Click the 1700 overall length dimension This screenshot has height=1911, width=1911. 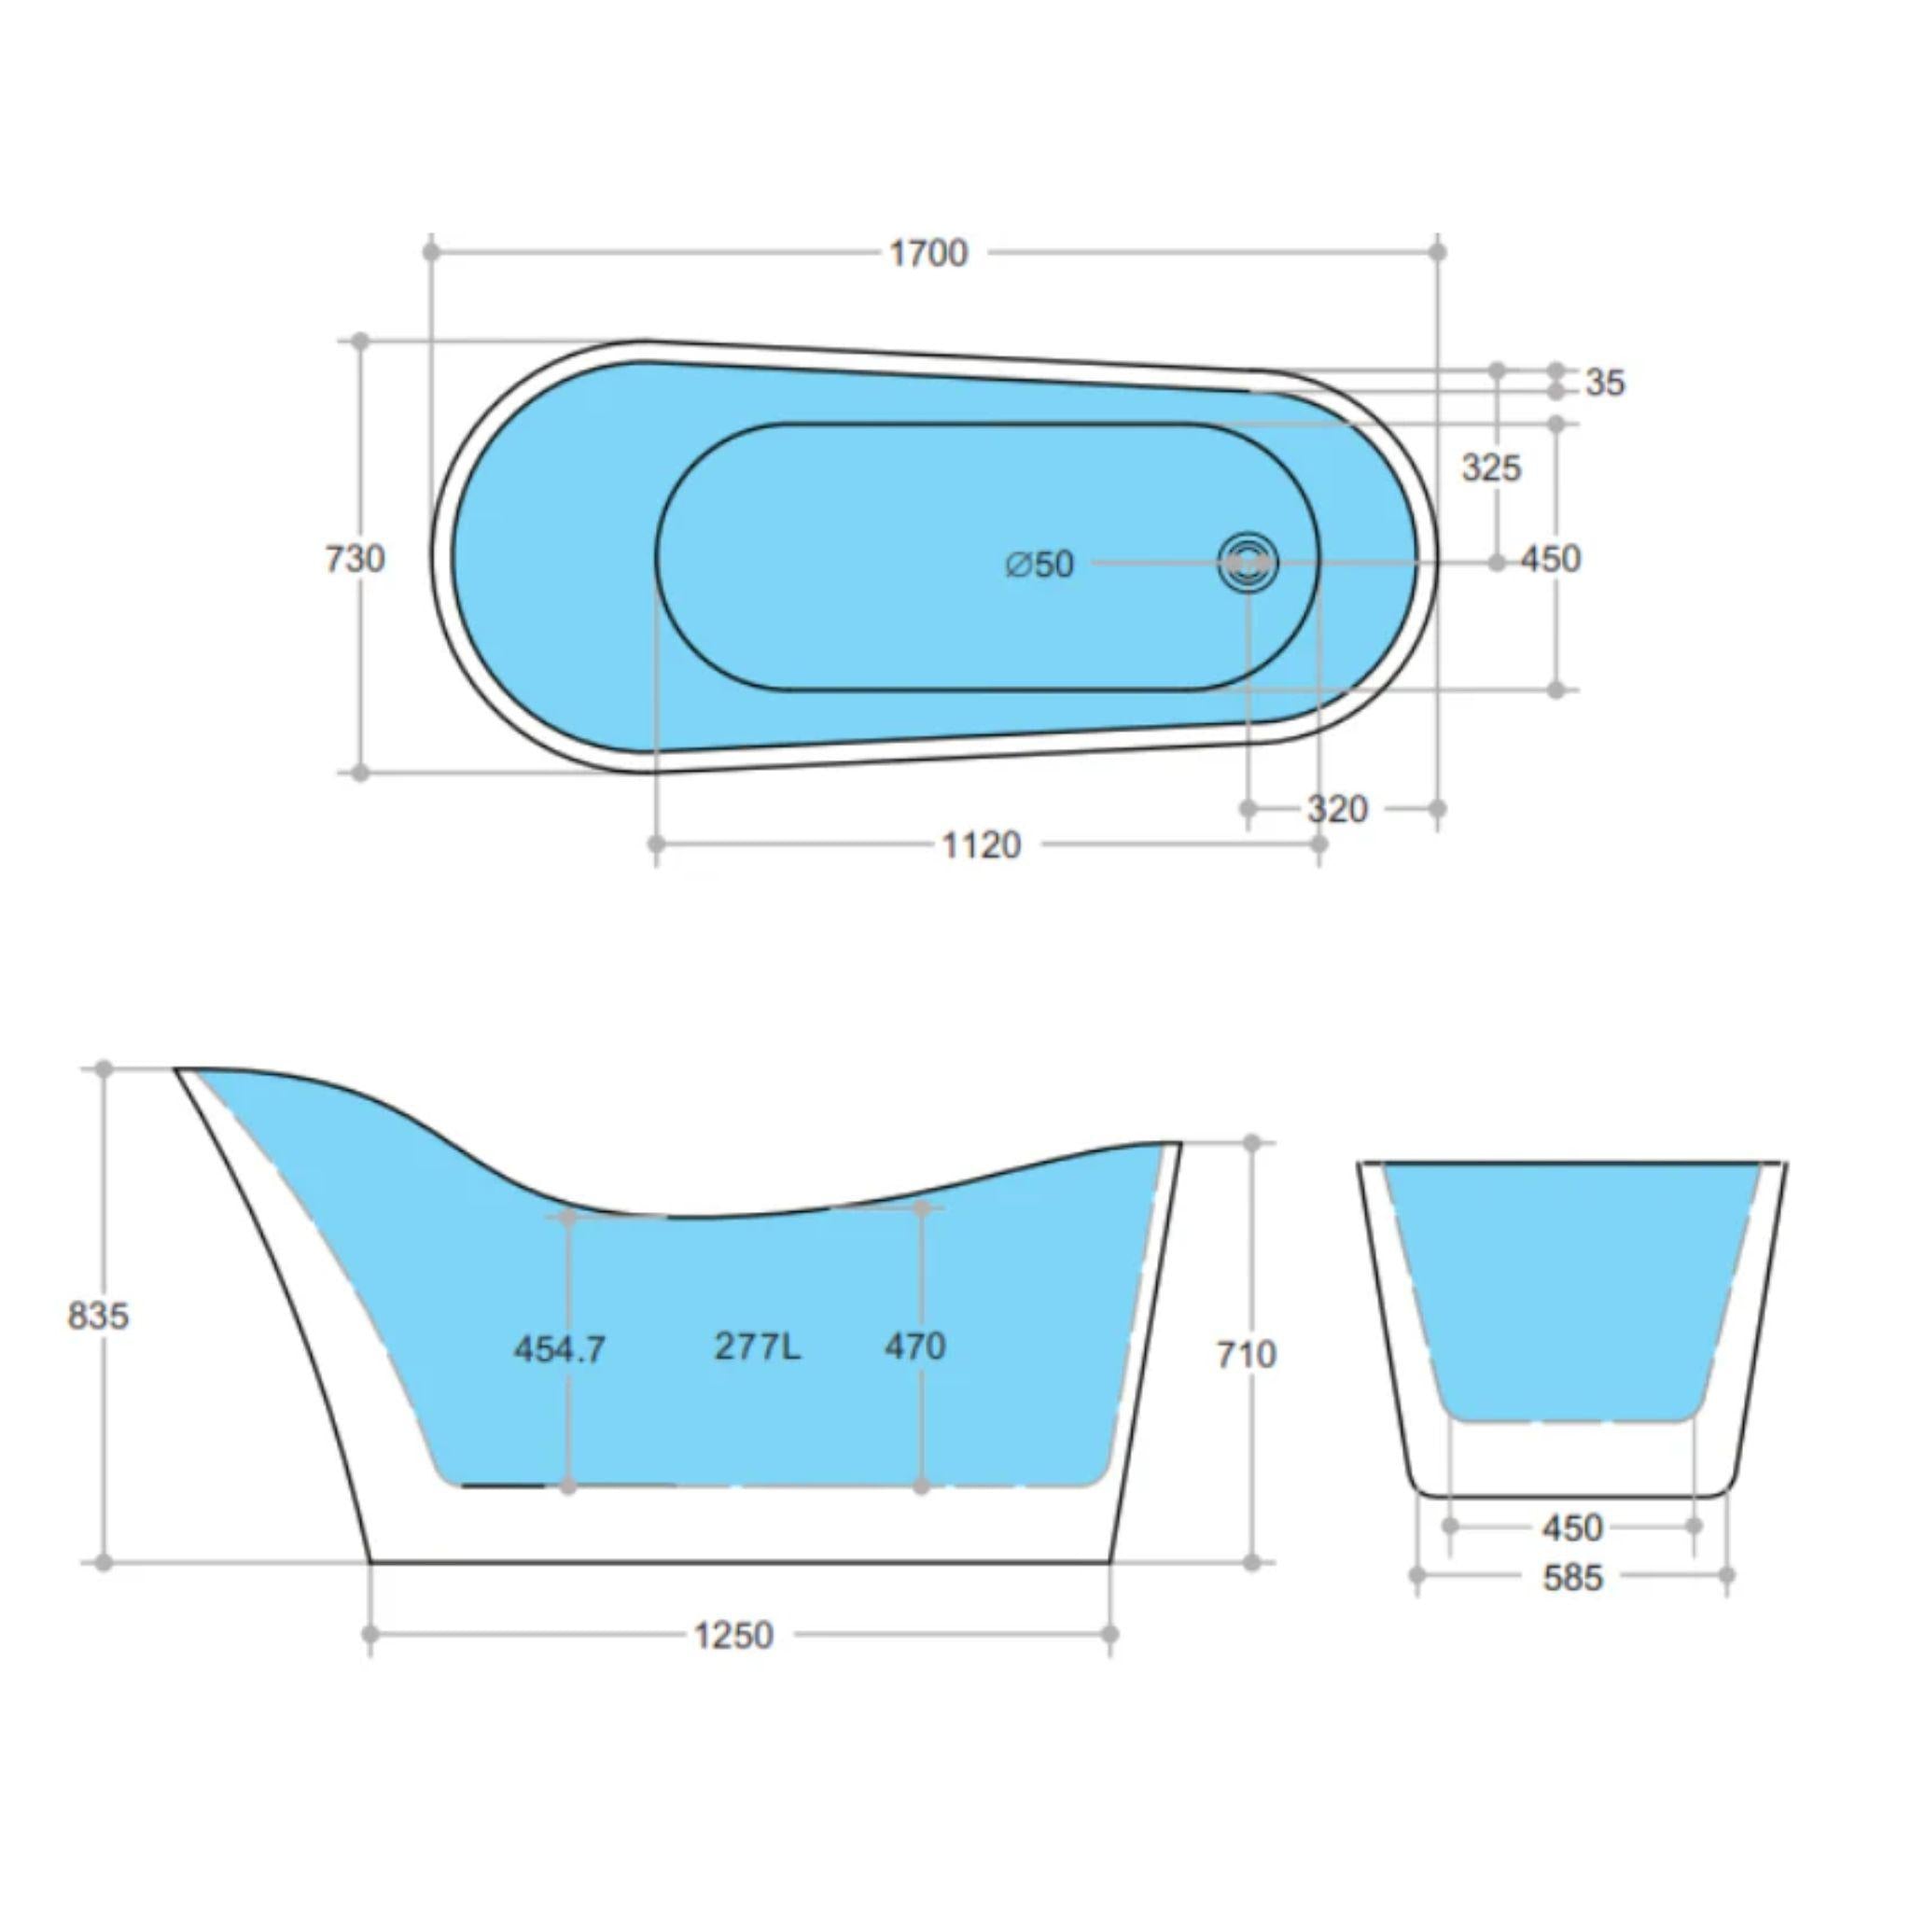928,253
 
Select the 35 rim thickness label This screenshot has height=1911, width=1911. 1604,382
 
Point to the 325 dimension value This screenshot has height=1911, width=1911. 1490,467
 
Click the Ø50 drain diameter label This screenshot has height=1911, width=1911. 1039,564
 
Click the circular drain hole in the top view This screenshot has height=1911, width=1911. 1248,562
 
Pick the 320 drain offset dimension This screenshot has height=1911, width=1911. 1337,809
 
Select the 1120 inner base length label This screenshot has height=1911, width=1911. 981,844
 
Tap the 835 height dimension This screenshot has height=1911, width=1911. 98,1316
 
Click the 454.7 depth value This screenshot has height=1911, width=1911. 559,1348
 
